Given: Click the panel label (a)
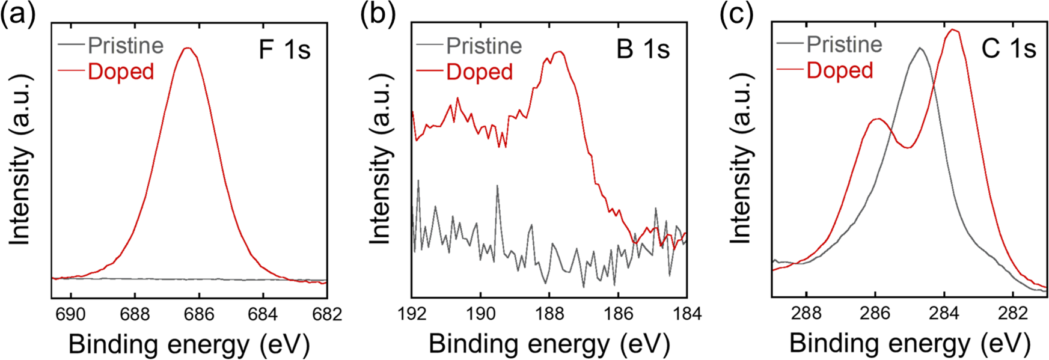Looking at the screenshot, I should point(17,14).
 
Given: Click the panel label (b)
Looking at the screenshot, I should point(378,14).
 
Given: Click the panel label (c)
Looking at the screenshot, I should point(737,14).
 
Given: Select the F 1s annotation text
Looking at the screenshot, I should point(284,49).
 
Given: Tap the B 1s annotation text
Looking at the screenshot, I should point(643,49).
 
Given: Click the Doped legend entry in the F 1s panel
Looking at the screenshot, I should point(120,72).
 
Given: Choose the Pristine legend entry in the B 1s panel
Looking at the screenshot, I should point(483,46).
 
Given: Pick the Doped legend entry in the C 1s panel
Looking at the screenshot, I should point(839,70).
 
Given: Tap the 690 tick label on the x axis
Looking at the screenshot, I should point(71,314).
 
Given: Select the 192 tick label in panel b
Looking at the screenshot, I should point(412,314).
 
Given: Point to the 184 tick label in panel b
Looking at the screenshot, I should point(686,314).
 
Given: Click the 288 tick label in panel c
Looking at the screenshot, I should point(806,314).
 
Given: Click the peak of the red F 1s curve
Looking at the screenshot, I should point(188,48).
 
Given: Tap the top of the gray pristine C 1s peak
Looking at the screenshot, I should point(919,48).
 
